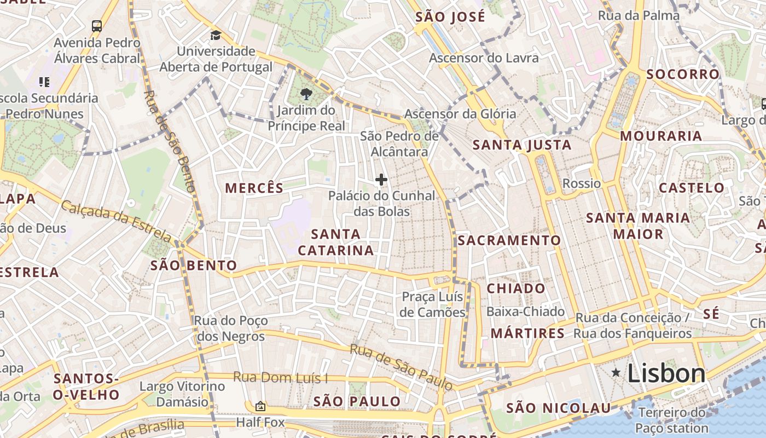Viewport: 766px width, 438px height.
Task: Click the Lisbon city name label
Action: [666, 374]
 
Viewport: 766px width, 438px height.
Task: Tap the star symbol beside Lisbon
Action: [616, 373]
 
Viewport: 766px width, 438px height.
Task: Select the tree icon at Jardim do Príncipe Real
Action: [306, 94]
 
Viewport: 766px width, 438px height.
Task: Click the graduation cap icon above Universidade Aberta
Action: [216, 36]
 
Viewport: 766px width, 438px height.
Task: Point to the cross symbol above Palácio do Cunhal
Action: [381, 180]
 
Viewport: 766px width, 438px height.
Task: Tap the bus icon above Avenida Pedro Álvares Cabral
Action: [97, 26]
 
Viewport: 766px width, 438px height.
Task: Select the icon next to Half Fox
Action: [260, 406]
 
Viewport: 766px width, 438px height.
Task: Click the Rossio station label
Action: [581, 183]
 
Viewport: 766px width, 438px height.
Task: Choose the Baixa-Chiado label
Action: [525, 312]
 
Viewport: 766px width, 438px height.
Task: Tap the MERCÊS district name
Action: [254, 188]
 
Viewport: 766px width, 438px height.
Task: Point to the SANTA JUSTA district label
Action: [522, 145]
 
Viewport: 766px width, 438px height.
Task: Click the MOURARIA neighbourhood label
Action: [661, 136]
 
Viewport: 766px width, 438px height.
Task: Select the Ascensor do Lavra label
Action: [484, 58]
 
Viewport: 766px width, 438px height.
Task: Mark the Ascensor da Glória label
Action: [460, 114]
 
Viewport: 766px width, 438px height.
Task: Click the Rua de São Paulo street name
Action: [402, 367]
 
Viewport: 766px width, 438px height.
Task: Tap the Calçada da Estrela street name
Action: [116, 221]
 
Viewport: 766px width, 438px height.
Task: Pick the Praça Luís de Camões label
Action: [432, 304]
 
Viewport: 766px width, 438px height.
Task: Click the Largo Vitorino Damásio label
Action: [182, 394]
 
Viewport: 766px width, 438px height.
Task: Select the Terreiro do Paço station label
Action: [671, 420]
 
